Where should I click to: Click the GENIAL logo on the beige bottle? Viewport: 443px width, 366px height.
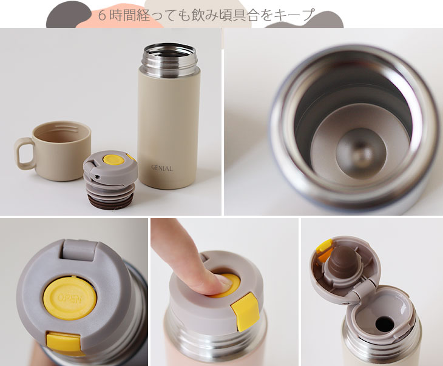(x=162, y=168)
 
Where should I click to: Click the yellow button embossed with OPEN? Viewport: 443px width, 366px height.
(x=70, y=298)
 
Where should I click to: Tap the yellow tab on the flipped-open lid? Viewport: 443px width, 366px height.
(x=325, y=246)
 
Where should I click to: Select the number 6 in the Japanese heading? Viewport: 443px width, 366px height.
(x=102, y=15)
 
